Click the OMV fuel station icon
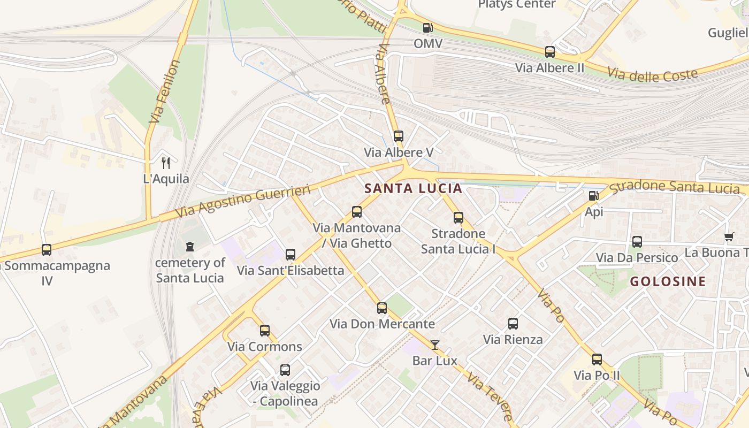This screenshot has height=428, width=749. [x=427, y=28]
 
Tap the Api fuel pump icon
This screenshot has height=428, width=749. [x=593, y=196]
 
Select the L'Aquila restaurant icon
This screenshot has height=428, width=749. [x=166, y=163]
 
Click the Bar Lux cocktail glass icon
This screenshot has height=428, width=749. [x=435, y=345]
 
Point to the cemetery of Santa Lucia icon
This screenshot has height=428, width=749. [x=189, y=247]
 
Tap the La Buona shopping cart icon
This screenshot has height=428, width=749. [x=729, y=236]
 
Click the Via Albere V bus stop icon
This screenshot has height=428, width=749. [x=398, y=136]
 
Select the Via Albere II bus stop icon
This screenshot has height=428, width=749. [x=550, y=52]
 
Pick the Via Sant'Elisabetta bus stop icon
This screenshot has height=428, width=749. [x=291, y=255]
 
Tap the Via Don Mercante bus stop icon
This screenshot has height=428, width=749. [x=382, y=308]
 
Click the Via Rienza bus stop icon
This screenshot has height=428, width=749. [x=513, y=324]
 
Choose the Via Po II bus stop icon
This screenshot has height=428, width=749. [x=597, y=360]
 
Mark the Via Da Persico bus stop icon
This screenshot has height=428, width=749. [x=637, y=242]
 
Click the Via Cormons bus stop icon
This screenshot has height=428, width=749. [x=265, y=331]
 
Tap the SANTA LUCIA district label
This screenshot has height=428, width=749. [x=413, y=188]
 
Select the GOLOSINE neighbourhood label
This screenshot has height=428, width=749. [x=668, y=281]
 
